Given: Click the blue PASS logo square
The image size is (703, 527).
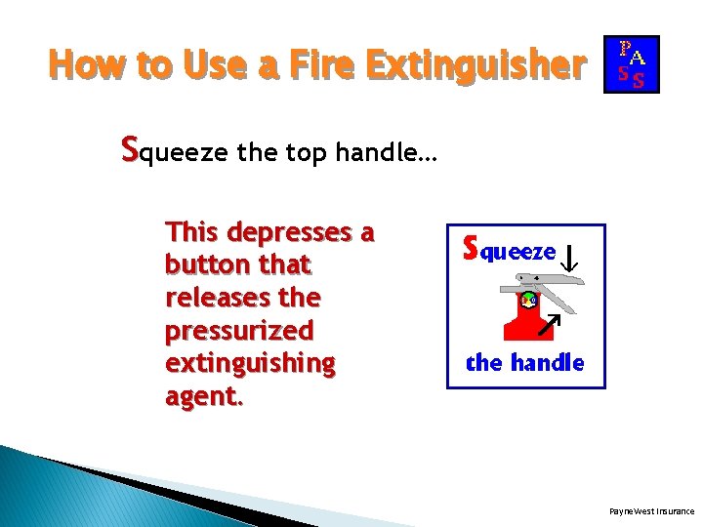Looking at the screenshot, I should [x=632, y=64].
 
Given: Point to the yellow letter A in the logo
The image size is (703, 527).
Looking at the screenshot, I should [x=638, y=56].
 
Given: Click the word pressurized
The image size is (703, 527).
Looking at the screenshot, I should [x=239, y=330].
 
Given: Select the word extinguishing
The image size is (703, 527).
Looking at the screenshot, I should [x=251, y=363].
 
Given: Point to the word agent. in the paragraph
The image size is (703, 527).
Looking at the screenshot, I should [x=205, y=396].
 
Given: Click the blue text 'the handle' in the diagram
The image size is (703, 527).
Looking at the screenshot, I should [x=525, y=363].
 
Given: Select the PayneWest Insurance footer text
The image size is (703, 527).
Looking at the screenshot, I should [x=651, y=510].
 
